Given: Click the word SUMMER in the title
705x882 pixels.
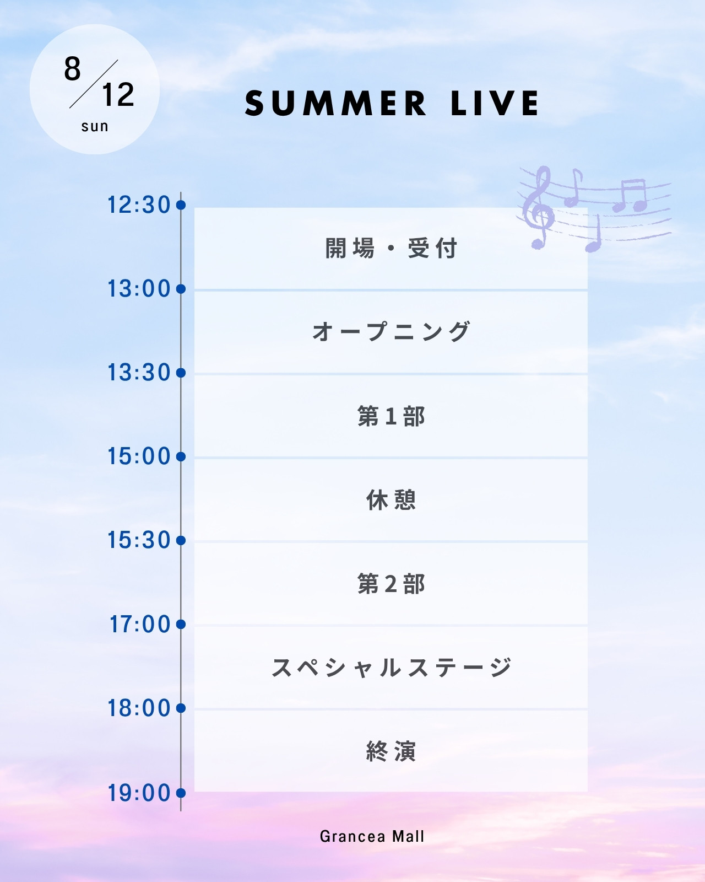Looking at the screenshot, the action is (x=335, y=103).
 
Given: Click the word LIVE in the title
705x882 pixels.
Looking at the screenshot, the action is (x=495, y=103).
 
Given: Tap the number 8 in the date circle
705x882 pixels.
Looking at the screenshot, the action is (x=72, y=69).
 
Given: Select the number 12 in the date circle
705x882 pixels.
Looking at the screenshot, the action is (x=118, y=95).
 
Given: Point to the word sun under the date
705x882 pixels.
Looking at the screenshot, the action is (x=95, y=127).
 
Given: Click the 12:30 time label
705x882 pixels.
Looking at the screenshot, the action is (x=139, y=205).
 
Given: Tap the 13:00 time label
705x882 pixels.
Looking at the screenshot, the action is (x=139, y=289).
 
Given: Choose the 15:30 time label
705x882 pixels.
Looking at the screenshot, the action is (x=139, y=540).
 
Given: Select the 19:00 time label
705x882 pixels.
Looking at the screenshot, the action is (x=139, y=793).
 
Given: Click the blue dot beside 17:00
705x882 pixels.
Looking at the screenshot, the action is (x=181, y=624).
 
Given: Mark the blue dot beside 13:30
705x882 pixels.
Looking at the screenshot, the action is (x=181, y=373).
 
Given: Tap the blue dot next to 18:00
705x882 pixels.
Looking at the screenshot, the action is (x=181, y=708).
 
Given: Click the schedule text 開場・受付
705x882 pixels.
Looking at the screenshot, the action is (x=391, y=249).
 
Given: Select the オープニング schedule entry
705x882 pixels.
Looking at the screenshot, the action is (x=391, y=331).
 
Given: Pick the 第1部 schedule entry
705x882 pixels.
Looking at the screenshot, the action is (x=391, y=416).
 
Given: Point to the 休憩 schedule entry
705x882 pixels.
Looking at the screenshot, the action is (x=391, y=500).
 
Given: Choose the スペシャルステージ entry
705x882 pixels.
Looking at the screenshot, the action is (x=391, y=667).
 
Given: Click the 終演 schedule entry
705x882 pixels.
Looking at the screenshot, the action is (x=391, y=751).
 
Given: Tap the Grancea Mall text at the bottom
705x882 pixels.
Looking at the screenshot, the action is (x=372, y=836).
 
